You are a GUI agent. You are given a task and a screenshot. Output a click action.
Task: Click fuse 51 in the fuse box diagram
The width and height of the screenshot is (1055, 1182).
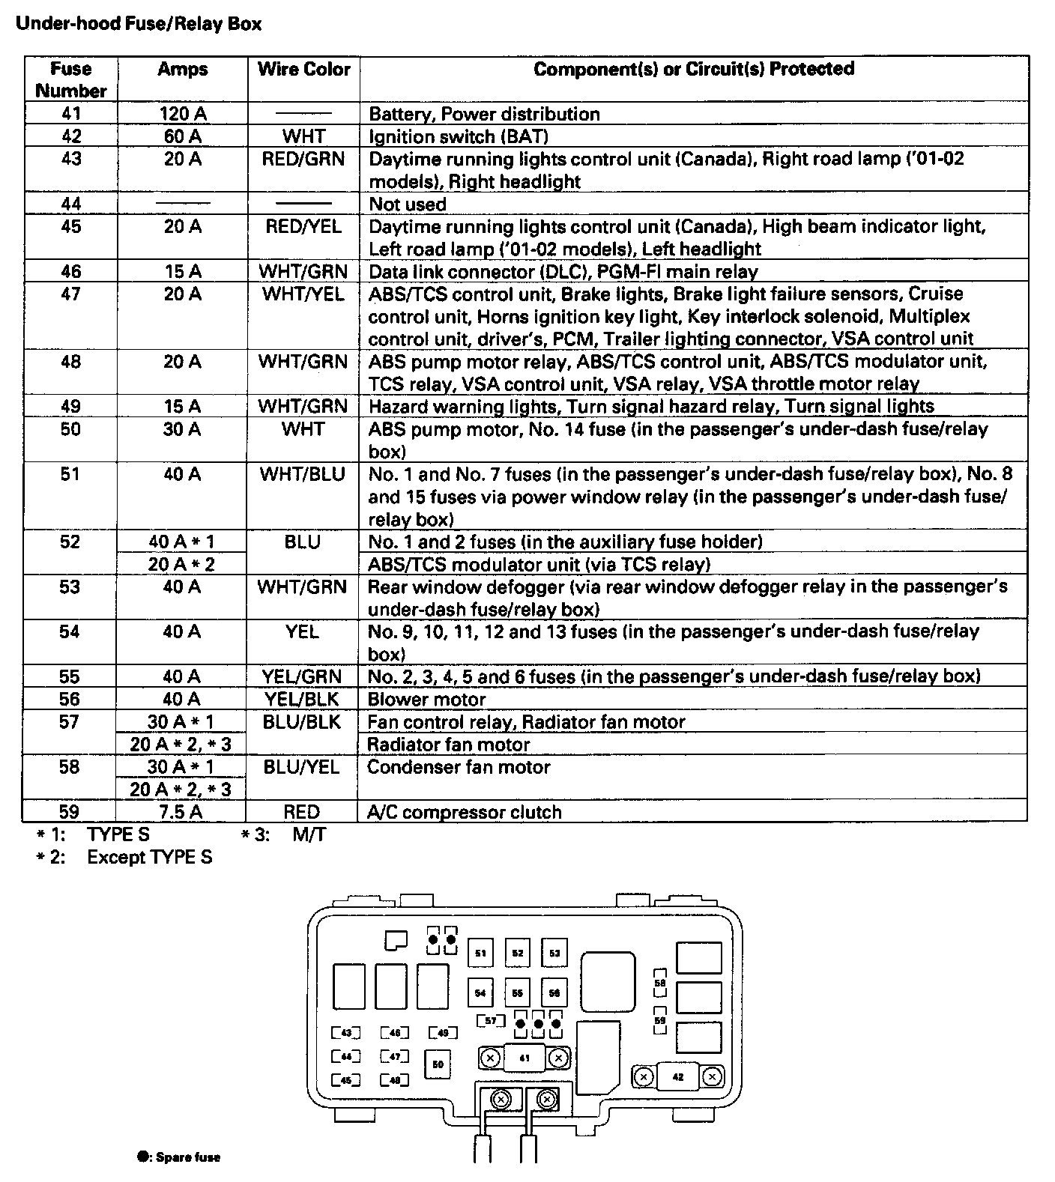(480, 954)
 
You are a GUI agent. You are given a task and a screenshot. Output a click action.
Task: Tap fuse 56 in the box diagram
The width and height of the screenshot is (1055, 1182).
(554, 993)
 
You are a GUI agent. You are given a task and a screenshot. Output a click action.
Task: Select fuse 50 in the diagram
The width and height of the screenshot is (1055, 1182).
(438, 1064)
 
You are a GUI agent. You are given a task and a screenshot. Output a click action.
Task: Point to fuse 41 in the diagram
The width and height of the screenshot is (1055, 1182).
(524, 1058)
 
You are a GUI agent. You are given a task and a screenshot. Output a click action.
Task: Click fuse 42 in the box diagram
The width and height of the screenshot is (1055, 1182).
(678, 1077)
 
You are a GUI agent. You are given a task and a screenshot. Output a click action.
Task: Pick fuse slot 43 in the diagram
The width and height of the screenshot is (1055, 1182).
(346, 1034)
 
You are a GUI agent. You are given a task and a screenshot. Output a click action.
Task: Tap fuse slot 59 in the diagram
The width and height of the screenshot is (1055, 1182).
(659, 1020)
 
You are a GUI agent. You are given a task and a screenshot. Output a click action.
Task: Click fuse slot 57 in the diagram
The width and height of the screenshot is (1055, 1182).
(491, 1021)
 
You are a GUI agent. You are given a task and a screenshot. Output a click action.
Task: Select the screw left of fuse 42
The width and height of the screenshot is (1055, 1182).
(643, 1077)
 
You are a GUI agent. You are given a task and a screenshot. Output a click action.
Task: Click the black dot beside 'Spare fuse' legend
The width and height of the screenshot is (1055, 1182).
(141, 1157)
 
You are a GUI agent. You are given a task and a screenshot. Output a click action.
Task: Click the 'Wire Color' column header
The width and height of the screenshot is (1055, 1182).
(303, 70)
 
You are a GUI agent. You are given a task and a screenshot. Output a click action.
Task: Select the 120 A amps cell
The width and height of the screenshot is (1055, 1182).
(183, 114)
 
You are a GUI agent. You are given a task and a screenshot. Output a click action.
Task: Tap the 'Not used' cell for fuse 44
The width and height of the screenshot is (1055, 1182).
(408, 204)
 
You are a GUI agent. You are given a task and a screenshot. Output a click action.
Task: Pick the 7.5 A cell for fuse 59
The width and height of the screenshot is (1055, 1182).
(182, 812)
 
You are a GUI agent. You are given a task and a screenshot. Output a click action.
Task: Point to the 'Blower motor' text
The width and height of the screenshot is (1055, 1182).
(427, 700)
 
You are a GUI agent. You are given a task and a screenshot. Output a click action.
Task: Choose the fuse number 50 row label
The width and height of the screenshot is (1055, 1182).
(70, 429)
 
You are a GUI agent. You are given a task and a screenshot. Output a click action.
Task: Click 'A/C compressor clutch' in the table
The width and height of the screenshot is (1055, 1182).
(465, 812)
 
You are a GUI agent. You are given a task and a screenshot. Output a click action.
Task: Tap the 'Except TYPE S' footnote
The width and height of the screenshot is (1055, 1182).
(149, 857)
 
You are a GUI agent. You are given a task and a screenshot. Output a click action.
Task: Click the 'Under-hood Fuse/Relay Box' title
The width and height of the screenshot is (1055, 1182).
(139, 24)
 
